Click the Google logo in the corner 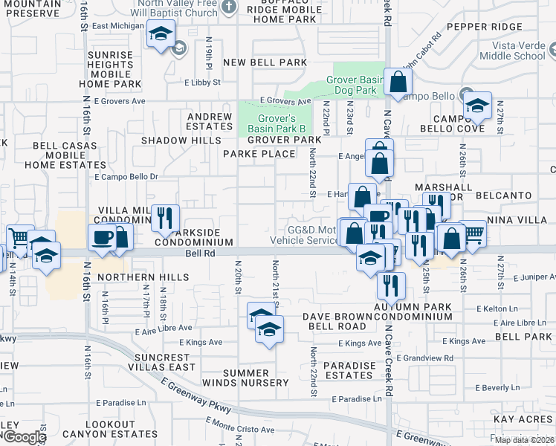point(24,437)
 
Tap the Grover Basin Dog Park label point(353,85)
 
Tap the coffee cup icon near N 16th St point(103,239)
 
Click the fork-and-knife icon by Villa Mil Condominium point(165,218)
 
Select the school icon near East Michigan point(161,34)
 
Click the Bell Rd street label point(199,253)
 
